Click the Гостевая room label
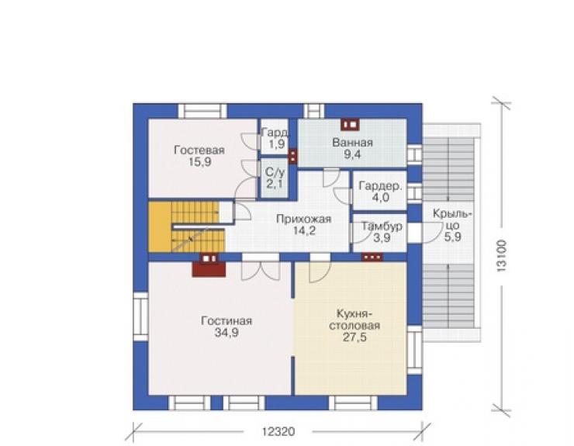[x=199, y=150]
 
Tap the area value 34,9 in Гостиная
[x=226, y=333]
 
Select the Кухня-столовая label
[x=354, y=320]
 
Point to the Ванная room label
[x=352, y=142]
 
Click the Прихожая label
[x=303, y=219]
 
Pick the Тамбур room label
[x=382, y=226]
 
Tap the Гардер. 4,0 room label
[x=380, y=192]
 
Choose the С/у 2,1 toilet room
[x=274, y=178]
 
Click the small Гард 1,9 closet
[x=276, y=138]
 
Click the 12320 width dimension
[x=278, y=432]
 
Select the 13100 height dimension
[x=501, y=255]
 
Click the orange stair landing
[x=160, y=227]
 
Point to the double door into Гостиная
[x=261, y=270]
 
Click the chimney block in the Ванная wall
[x=350, y=125]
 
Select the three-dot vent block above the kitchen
[x=372, y=257]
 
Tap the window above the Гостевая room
[x=202, y=111]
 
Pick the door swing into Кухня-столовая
[x=320, y=271]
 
